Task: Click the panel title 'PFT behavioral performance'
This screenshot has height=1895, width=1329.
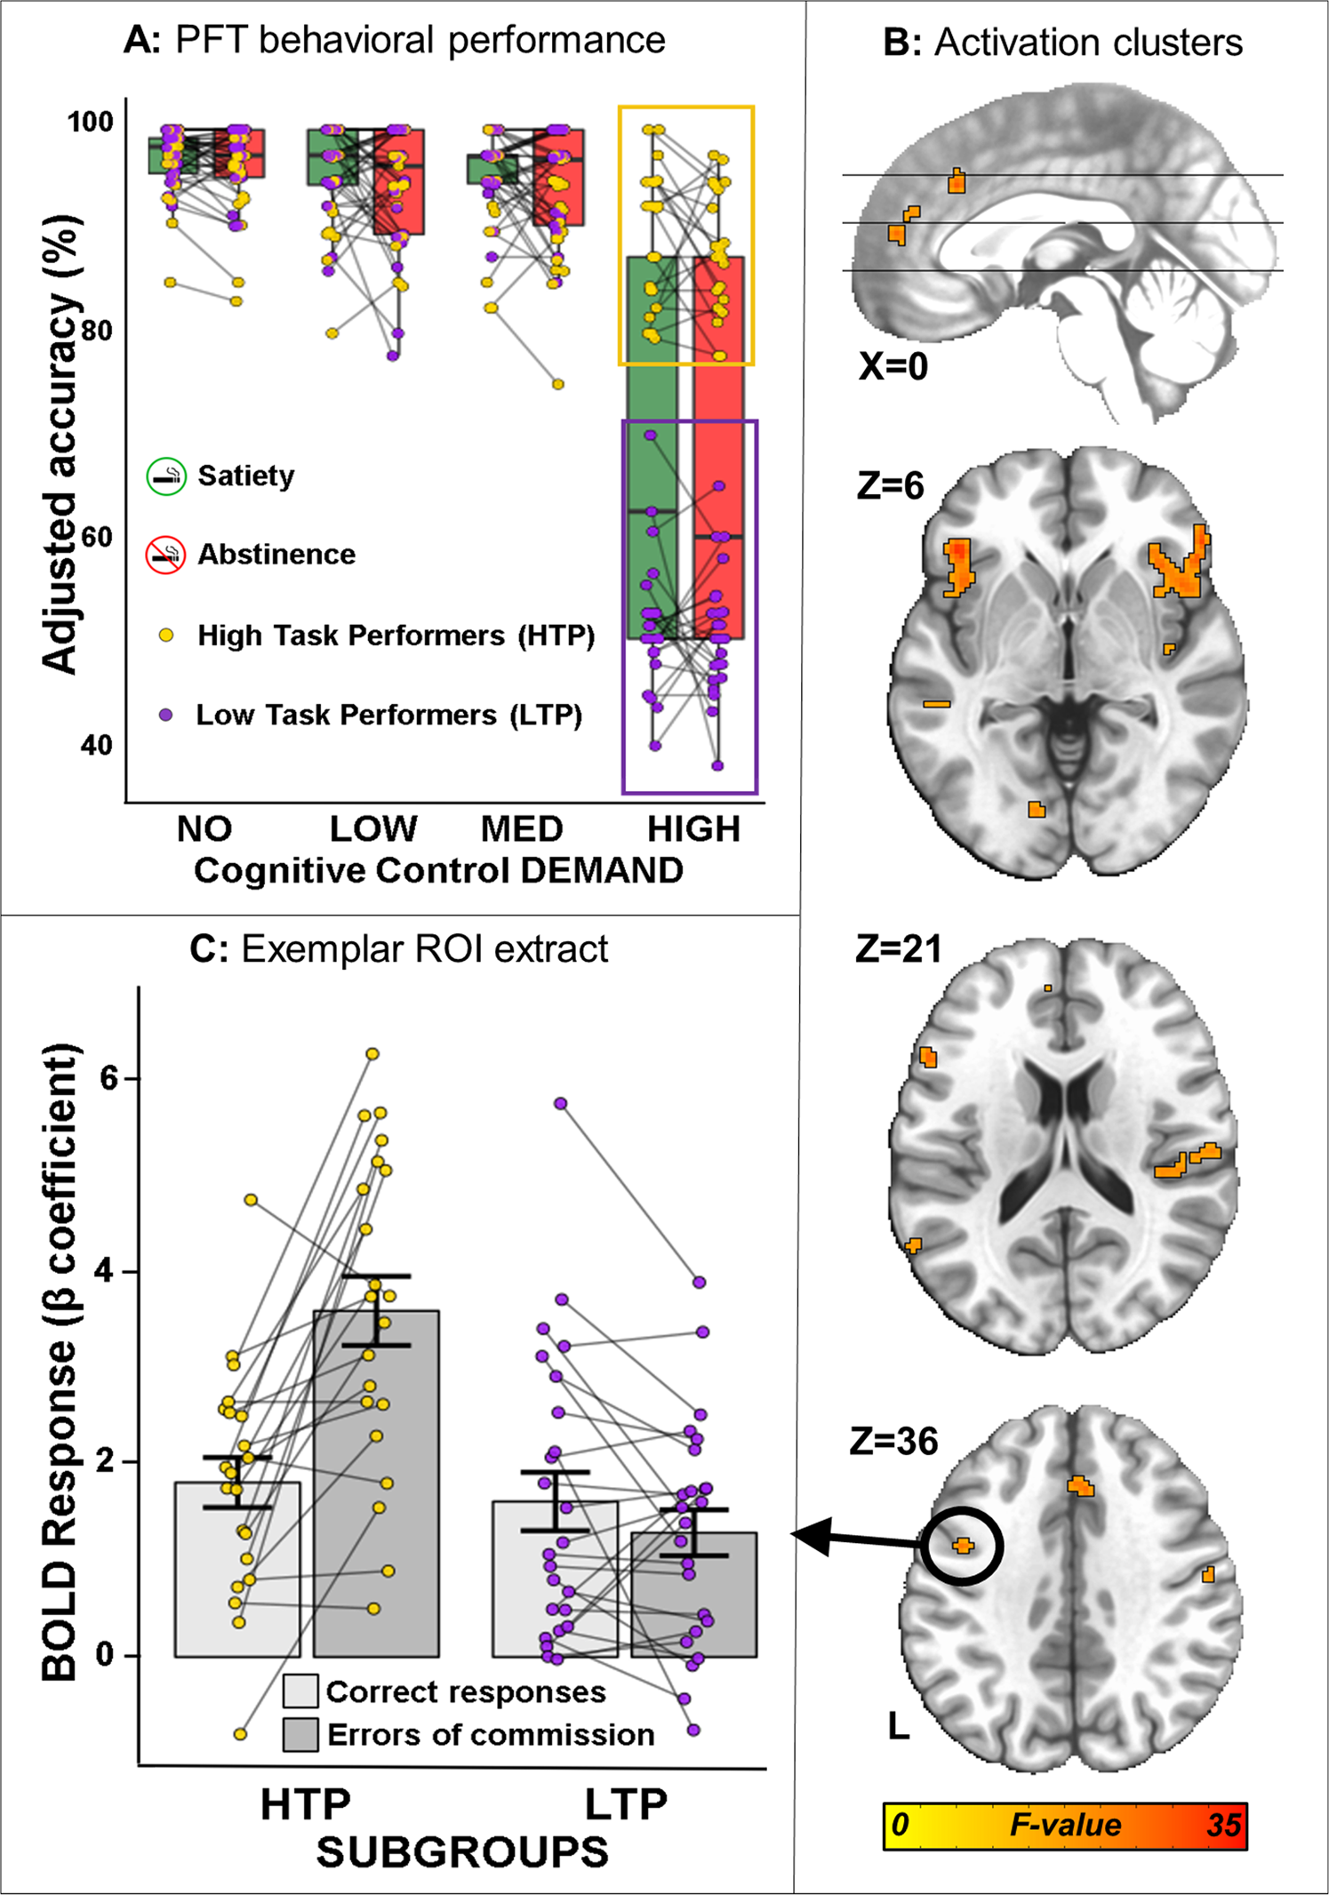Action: click(x=420, y=41)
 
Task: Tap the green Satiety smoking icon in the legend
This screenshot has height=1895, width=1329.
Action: click(x=166, y=476)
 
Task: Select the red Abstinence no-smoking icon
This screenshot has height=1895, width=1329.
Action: click(x=165, y=555)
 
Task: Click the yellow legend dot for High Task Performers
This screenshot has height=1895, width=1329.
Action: click(x=165, y=636)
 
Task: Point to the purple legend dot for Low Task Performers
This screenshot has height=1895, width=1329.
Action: click(x=165, y=715)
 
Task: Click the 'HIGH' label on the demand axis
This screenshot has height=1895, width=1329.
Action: click(x=693, y=829)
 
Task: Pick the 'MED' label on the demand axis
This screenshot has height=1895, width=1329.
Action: click(x=522, y=829)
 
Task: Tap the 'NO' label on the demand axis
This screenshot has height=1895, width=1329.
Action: click(x=204, y=829)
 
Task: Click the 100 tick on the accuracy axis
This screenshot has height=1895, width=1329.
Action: click(x=91, y=122)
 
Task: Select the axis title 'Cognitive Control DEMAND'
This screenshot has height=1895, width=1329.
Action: click(x=438, y=871)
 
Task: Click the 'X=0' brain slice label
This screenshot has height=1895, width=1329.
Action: click(x=893, y=366)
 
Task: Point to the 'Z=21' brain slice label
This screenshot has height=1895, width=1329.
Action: click(x=898, y=949)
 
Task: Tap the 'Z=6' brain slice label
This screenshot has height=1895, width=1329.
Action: click(x=890, y=485)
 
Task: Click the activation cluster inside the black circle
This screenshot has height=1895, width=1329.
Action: click(x=963, y=1546)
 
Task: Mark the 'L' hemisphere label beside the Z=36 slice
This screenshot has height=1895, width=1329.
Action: click(x=899, y=1726)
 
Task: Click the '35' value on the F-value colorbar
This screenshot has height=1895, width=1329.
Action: click(x=1222, y=1826)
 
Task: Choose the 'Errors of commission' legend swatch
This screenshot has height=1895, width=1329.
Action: click(x=300, y=1734)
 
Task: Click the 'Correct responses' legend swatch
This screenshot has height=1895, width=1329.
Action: click(x=300, y=1691)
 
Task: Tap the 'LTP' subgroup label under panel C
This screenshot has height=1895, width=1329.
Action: click(x=626, y=1805)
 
